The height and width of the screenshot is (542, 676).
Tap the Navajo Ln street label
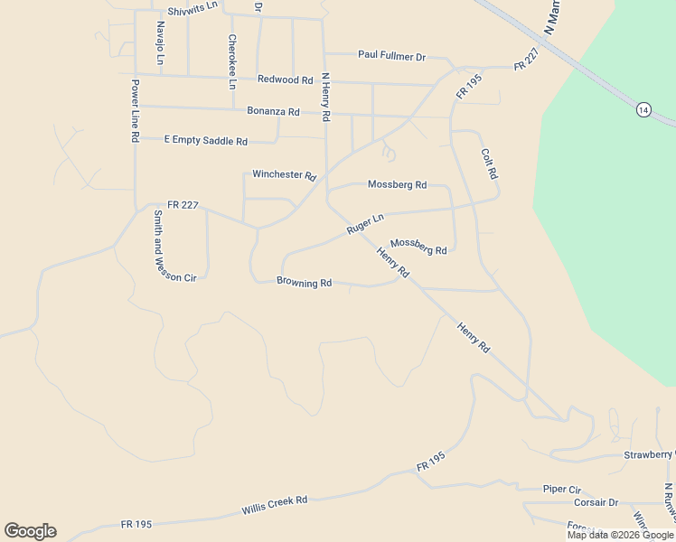tap(160, 42)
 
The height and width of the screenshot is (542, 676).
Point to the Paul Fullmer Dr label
tap(391, 56)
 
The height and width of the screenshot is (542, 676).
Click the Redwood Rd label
tap(285, 79)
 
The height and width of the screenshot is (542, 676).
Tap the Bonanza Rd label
tap(273, 111)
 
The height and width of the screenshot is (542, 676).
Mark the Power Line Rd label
tap(135, 111)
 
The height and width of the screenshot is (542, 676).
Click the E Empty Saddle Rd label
tap(206, 141)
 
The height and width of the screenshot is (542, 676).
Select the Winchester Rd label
tap(284, 174)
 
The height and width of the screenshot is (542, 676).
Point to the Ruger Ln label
tap(365, 224)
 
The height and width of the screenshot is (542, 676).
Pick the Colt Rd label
tap(490, 164)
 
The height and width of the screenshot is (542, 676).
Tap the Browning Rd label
tap(305, 283)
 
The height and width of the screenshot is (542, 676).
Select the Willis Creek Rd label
tap(275, 505)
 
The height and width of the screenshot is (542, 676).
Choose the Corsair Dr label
tap(596, 502)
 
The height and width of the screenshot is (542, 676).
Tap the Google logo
tap(30, 531)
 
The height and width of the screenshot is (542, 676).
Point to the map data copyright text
tap(620, 535)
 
